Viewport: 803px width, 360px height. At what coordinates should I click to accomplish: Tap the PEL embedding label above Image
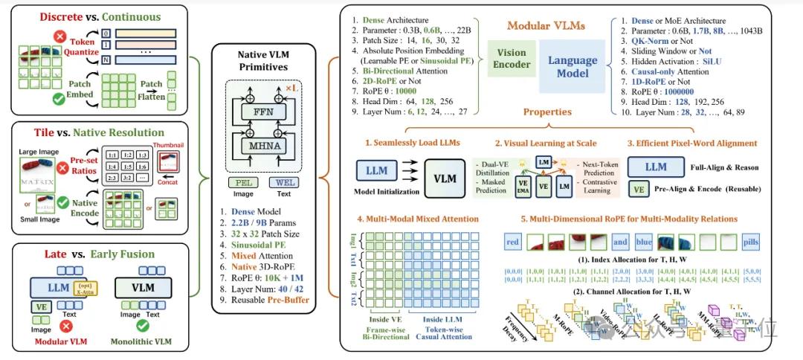(244, 182)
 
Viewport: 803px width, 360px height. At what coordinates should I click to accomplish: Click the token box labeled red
(513, 242)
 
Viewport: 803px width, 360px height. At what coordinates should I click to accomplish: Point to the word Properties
(547, 112)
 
